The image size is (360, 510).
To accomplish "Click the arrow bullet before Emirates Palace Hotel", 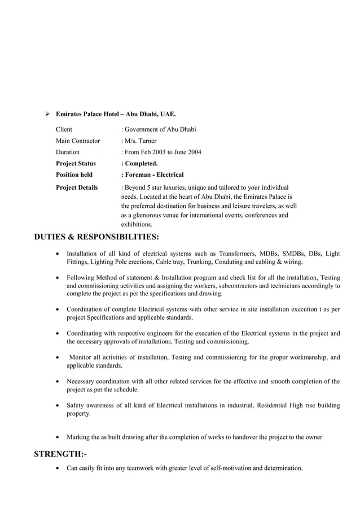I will pos(48,114).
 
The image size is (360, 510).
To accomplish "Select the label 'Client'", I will pos(64,129).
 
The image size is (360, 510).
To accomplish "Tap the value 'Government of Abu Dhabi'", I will pos(160,129).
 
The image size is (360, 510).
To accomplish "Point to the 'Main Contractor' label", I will pos(78,141).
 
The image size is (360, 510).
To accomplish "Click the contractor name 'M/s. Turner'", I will pos(141,141).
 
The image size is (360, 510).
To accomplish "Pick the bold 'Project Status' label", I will pos(76,164).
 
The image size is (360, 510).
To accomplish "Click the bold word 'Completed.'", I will pos(141,164).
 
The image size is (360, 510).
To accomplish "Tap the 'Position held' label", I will pos(74,175).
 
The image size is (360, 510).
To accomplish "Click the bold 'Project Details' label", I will pos(77,188).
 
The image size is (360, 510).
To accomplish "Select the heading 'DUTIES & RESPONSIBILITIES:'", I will pos(96,237).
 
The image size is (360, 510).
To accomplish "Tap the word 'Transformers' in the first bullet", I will pos(239,254).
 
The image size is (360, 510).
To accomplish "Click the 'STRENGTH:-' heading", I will pos(60,454).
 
